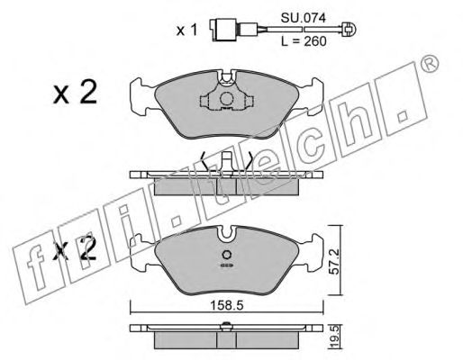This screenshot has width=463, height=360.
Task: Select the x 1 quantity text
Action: coord(186,30)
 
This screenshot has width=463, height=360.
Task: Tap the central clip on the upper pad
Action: coord(225,100)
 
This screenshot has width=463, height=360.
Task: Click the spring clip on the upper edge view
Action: coord(225,165)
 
